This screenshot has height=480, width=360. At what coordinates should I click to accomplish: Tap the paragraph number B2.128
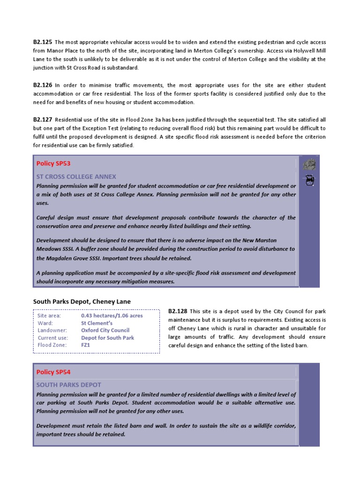(178, 311)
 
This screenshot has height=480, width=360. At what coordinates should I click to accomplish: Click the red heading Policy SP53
(53, 164)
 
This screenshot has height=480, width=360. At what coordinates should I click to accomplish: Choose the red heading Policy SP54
(53, 372)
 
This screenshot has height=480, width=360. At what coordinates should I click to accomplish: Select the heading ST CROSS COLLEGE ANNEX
(76, 177)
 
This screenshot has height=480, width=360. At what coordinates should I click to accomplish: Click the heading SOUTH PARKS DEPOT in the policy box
(68, 385)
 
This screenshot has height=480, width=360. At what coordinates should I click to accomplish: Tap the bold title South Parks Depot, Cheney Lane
(82, 301)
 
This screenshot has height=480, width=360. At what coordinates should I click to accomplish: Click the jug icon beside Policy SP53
(309, 180)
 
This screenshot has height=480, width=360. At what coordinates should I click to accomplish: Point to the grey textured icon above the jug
(309, 165)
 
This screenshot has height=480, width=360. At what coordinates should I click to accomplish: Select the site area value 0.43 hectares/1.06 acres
(112, 316)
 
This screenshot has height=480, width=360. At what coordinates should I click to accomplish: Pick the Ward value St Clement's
(97, 323)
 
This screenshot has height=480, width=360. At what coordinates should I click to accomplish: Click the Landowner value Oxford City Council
(105, 330)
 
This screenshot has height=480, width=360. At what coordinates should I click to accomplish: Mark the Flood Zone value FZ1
(85, 345)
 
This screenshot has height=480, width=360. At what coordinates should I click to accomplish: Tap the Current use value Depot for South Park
(107, 338)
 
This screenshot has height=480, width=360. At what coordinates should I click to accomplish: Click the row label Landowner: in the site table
(52, 330)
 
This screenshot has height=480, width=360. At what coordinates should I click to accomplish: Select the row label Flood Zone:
(52, 345)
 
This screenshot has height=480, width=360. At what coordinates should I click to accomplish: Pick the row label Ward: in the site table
(45, 323)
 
